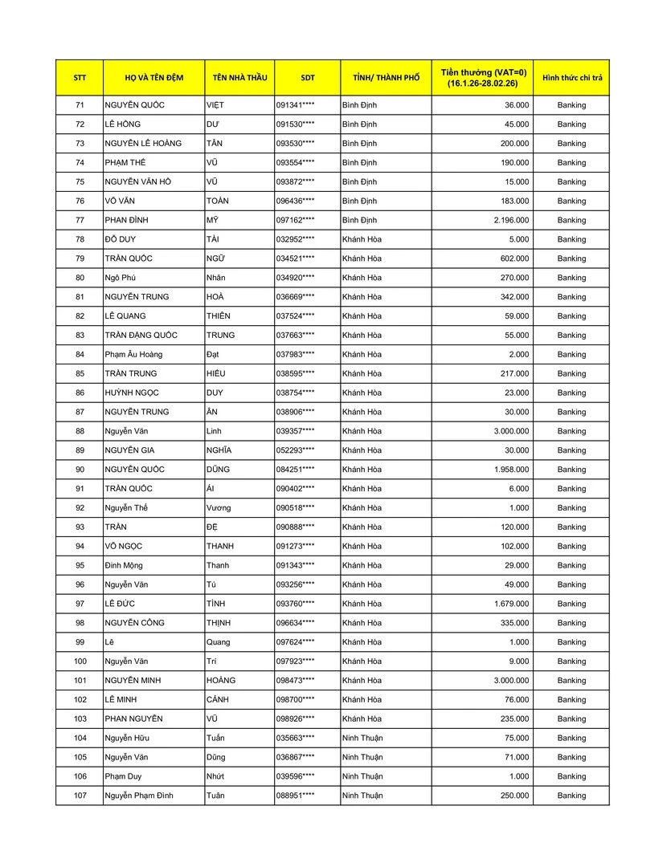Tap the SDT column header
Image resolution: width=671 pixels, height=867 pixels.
pos(308,78)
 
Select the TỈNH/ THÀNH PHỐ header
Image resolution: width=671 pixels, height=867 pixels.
pos(386,78)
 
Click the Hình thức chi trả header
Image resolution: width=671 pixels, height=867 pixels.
pos(571,78)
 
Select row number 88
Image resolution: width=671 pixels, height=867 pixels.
pos(80,431)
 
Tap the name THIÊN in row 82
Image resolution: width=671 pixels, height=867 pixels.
pos(219,315)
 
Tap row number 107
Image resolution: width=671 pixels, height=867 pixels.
pos(80,796)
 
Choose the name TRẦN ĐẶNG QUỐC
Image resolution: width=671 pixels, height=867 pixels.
pos(141,335)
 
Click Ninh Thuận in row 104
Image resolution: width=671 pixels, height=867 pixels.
pos(362,738)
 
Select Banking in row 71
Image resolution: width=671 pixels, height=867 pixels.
pos(571,105)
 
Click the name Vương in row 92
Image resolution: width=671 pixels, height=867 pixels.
pos(219,508)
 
